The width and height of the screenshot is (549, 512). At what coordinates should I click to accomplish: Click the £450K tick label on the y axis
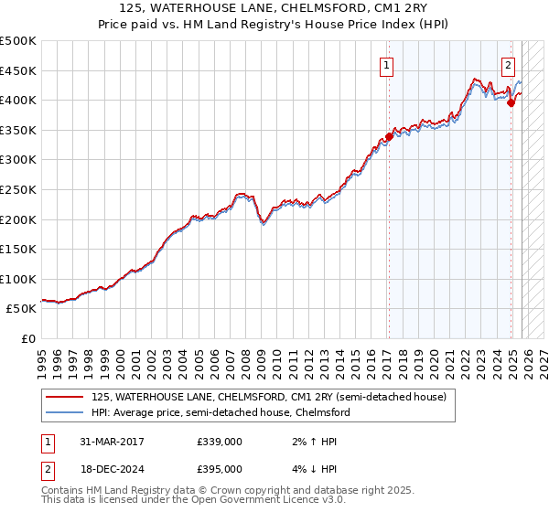coord(18,70)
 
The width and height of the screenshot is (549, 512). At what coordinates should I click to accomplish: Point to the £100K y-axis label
coord(18,279)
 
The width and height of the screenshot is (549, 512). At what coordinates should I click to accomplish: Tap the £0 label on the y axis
coord(27,339)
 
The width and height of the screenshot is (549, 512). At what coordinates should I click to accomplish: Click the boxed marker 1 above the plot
coord(387,65)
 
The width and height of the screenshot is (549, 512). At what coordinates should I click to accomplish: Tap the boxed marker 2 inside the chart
coord(508,65)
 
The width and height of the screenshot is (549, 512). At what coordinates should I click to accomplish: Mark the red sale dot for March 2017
coord(389,137)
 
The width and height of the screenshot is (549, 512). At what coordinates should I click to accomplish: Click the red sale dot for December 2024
coord(511,103)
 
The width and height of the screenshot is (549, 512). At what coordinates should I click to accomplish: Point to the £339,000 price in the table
coord(219,441)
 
